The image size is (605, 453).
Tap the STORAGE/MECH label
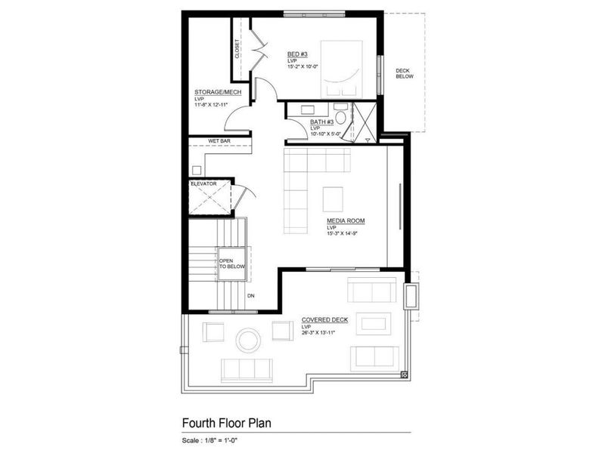(x=218, y=92)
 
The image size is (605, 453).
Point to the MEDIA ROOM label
(x=346, y=220)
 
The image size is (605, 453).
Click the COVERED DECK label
(x=324, y=320)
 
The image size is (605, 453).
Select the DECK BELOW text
(x=405, y=74)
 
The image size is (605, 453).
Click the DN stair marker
(x=250, y=295)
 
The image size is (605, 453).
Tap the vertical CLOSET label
(x=237, y=49)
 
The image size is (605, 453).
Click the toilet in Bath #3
(x=342, y=116)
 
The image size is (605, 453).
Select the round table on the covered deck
(x=247, y=339)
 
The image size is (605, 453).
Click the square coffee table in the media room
(x=334, y=199)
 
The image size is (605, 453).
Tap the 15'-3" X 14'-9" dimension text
(x=346, y=234)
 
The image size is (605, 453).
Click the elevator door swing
(x=241, y=197)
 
